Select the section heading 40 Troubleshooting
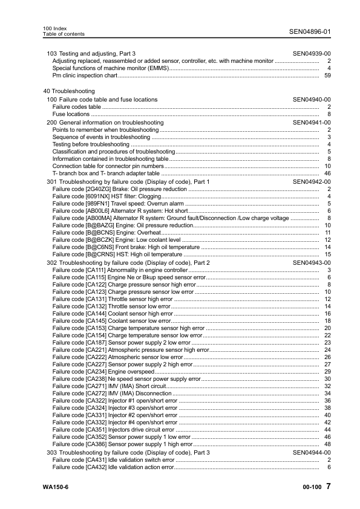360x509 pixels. [61, 91]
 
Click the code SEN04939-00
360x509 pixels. [312, 54]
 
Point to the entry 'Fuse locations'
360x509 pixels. [71, 114]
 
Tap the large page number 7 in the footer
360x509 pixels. [327, 487]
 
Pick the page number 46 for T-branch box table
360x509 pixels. [327, 173]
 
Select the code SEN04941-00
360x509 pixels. [312, 122]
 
